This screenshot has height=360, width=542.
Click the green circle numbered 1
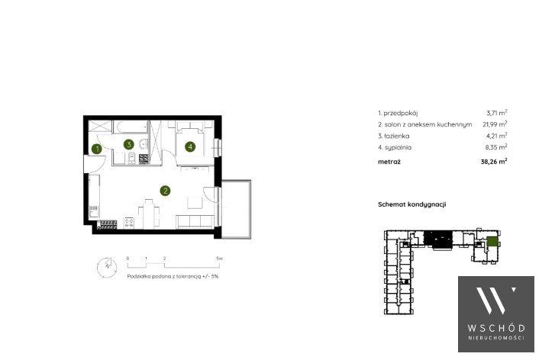pyautogui.click(x=97, y=149)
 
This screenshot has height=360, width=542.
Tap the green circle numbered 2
pyautogui.click(x=165, y=191)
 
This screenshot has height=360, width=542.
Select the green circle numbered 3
pyautogui.click(x=129, y=144)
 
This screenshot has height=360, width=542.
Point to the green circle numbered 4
pyautogui.click(x=190, y=147)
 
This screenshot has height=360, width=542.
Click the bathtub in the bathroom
pyautogui.click(x=131, y=127)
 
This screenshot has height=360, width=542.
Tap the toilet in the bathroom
pyautogui.click(x=132, y=158)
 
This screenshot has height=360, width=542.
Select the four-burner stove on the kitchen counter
pyautogui.click(x=129, y=222)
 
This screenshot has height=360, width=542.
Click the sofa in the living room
pyautogui.click(x=195, y=221)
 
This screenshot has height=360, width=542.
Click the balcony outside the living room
pyautogui.click(x=236, y=209)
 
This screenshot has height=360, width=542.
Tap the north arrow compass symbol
pyautogui.click(x=107, y=267)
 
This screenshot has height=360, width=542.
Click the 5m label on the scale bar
pyautogui.click(x=220, y=259)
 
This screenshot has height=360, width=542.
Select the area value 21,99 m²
pyautogui.click(x=495, y=124)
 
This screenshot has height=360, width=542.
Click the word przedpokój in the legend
pyautogui.click(x=401, y=114)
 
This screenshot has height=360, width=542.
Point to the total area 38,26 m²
pyautogui.click(x=494, y=162)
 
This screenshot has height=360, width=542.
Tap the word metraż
pyautogui.click(x=389, y=162)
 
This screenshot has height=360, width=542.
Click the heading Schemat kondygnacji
pyautogui.click(x=412, y=204)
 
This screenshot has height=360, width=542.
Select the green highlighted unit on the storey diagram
pyautogui.click(x=492, y=241)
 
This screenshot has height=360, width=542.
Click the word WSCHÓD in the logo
pyautogui.click(x=496, y=328)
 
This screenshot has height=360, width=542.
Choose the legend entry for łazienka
pyautogui.click(x=394, y=136)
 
